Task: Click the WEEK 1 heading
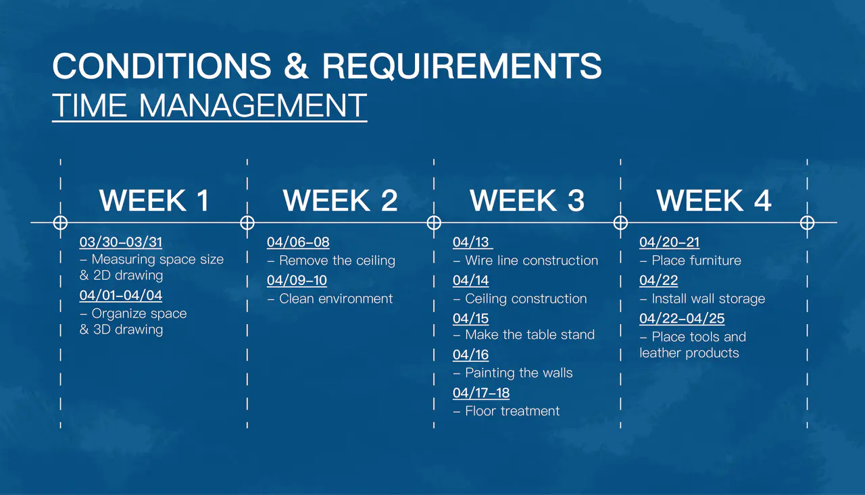coord(155,201)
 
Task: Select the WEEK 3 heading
coord(527,201)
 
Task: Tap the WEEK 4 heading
coord(714,201)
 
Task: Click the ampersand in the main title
coord(296,66)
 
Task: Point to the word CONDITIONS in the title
coord(162,66)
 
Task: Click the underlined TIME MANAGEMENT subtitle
coord(209,105)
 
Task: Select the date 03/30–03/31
coord(121,242)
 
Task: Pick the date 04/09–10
coord(297,280)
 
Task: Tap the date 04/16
coord(471,355)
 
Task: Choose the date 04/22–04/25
coord(682,318)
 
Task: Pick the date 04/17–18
coord(481,393)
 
